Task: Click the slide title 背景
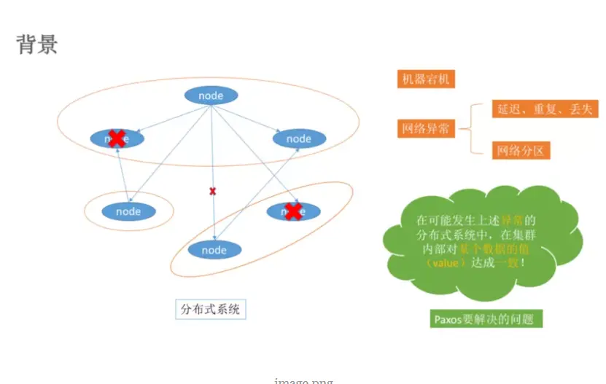point(37,44)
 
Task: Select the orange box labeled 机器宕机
point(426,79)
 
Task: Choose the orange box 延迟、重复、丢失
point(545,109)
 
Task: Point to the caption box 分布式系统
point(211,309)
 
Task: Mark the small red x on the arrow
point(213,191)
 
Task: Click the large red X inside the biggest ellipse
point(116,138)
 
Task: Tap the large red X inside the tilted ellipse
point(293,211)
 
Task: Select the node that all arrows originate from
point(211,95)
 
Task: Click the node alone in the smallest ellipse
point(128,211)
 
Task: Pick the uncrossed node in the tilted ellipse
point(214,250)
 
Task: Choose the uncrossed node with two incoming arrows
point(298,138)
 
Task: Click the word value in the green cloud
point(445,263)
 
